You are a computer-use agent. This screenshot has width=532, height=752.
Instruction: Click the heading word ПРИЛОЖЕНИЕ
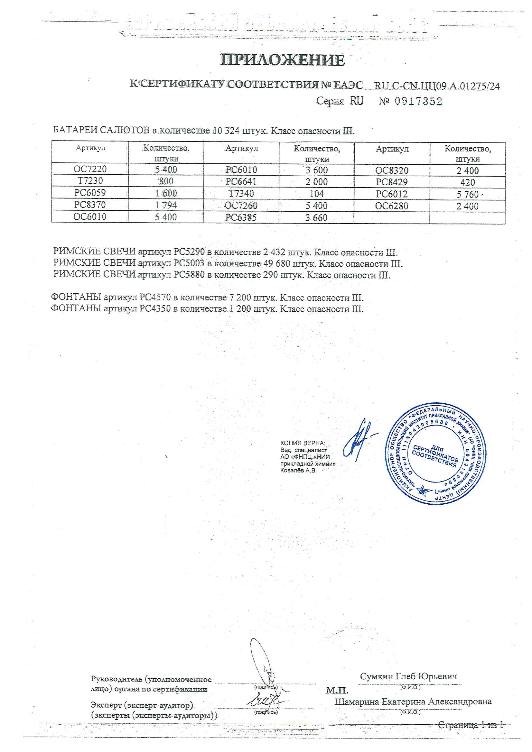pyautogui.click(x=282, y=60)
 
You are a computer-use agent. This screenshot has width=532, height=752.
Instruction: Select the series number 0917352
pyautogui.click(x=418, y=101)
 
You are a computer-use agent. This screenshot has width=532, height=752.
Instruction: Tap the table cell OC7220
pyautogui.click(x=90, y=169)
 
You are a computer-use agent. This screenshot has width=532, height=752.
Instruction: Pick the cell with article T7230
pyautogui.click(x=90, y=181)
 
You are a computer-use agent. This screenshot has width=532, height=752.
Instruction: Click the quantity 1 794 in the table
pyautogui.click(x=166, y=205)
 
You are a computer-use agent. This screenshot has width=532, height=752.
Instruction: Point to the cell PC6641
pyautogui.click(x=241, y=181)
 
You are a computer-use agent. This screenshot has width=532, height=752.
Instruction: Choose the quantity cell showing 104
pyautogui.click(x=317, y=194)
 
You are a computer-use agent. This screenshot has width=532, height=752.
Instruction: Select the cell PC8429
pyautogui.click(x=392, y=182)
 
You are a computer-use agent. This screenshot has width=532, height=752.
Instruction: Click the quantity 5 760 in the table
pyautogui.click(x=467, y=195)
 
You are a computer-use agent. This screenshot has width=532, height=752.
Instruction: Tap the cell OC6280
pyautogui.click(x=392, y=206)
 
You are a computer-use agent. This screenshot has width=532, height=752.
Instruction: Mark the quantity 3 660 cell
pyautogui.click(x=316, y=217)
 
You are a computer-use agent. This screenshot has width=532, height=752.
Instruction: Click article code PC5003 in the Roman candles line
pyautogui.click(x=189, y=263)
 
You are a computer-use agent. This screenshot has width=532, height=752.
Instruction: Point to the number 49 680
pyautogui.click(x=277, y=263)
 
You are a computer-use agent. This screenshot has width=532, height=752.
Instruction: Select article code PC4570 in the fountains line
pyautogui.click(x=155, y=298)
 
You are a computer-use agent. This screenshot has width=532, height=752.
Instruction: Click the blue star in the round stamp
pyautogui.click(x=425, y=491)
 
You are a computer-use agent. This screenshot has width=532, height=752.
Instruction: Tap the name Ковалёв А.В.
pyautogui.click(x=298, y=471)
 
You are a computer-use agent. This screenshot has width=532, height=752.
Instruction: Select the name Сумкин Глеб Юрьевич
pyautogui.click(x=408, y=676)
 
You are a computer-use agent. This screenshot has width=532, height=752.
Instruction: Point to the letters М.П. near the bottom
pyautogui.click(x=337, y=690)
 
